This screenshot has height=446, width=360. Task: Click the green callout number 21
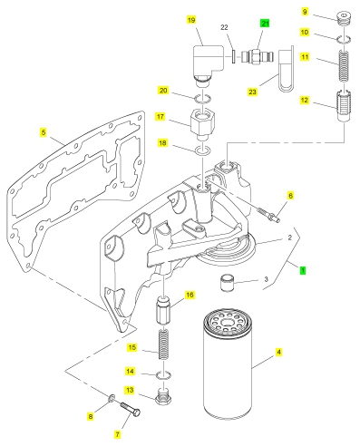[265, 24]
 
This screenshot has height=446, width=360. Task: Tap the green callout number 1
[303, 270]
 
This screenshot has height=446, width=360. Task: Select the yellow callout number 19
[191, 20]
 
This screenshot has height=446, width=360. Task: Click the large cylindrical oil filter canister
[228, 364]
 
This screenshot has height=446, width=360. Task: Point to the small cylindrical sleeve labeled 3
[228, 283]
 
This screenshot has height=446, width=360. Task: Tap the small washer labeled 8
[112, 398]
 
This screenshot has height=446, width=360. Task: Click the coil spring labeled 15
[163, 344]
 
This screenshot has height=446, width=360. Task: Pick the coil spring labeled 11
[343, 65]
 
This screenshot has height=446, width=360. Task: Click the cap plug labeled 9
[344, 18]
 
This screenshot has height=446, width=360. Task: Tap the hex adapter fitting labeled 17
[202, 124]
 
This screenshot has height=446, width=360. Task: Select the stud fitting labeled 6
[268, 214]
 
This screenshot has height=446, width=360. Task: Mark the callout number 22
[224, 27]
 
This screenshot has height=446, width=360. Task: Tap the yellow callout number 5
[44, 132]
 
